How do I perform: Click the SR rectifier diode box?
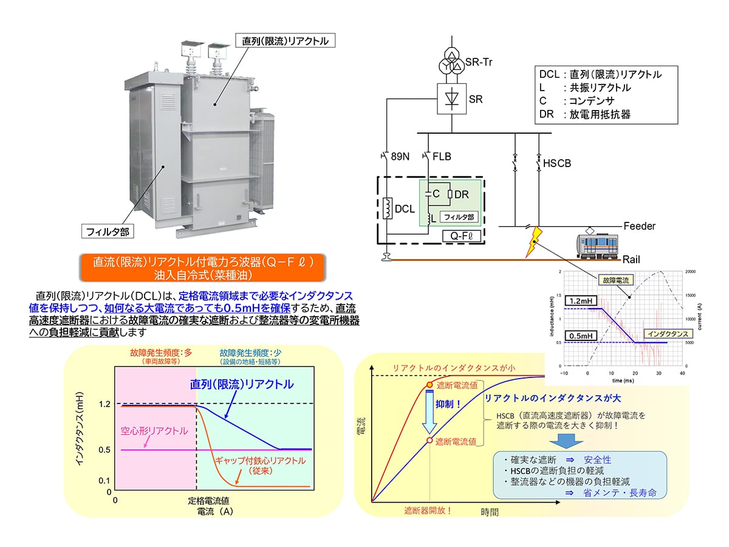(451, 99)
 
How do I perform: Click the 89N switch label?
(400, 157)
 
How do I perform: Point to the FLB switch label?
(442, 157)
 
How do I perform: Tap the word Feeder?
(639, 226)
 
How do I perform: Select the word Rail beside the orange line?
(631, 259)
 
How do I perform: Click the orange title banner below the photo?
(202, 268)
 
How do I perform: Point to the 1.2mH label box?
(578, 301)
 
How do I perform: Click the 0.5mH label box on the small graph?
(578, 335)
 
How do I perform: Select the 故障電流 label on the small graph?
(614, 281)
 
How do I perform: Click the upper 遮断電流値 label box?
(456, 386)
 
